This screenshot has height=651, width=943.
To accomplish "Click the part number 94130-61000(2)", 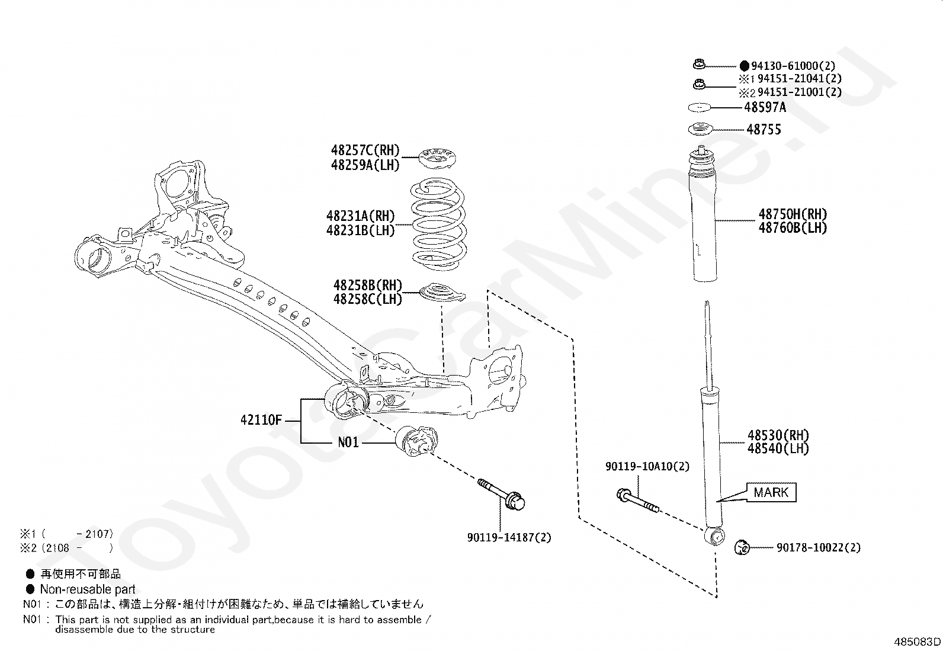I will [x=793, y=65].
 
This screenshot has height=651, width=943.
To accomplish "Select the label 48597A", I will [x=765, y=107].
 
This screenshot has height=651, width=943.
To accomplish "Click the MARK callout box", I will [x=771, y=492].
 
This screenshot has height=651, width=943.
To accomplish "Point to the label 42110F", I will [x=261, y=421].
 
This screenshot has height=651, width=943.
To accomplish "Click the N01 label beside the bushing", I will [x=348, y=442].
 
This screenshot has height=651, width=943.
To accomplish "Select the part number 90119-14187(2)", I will [x=509, y=537].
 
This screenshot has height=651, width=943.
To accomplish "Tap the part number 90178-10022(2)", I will [x=818, y=548].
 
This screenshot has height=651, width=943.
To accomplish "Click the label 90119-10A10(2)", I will [x=647, y=466].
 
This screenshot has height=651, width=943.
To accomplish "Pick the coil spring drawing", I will [x=438, y=225].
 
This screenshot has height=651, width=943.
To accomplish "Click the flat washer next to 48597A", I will [x=700, y=107].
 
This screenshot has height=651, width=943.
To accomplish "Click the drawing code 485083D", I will [x=917, y=642].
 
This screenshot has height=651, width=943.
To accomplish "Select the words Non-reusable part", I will [x=88, y=589].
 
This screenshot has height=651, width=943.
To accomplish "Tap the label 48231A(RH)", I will [x=360, y=216].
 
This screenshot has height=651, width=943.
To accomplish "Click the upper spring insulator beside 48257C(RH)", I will [x=439, y=158].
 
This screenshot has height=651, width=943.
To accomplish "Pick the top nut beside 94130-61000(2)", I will [x=698, y=65].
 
